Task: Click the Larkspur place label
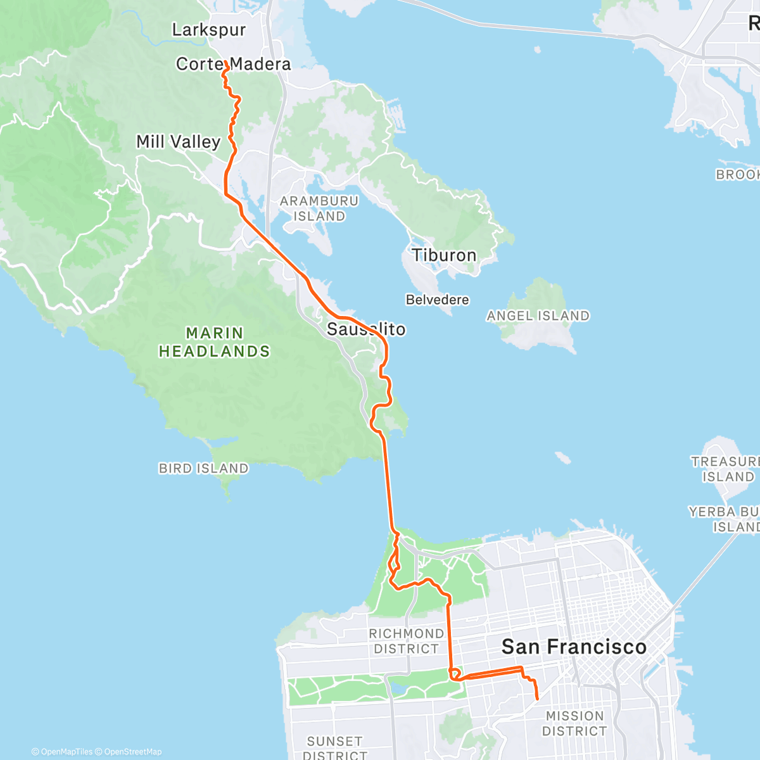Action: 208,30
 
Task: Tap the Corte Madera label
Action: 233,64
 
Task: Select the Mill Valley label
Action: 178,142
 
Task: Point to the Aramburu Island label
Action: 319,208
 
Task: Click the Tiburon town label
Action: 444,255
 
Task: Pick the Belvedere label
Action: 437,300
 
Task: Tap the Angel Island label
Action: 538,315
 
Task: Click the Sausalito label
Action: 365,329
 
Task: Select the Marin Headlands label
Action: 214,342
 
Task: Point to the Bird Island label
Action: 203,469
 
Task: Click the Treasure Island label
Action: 725,469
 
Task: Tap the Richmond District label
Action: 406,641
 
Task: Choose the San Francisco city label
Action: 574,647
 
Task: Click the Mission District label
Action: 574,723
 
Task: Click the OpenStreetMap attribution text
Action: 132,752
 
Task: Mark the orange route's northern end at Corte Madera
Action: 225,61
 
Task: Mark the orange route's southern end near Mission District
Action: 537,699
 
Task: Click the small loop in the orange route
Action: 454,673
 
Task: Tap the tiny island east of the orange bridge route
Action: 561,457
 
